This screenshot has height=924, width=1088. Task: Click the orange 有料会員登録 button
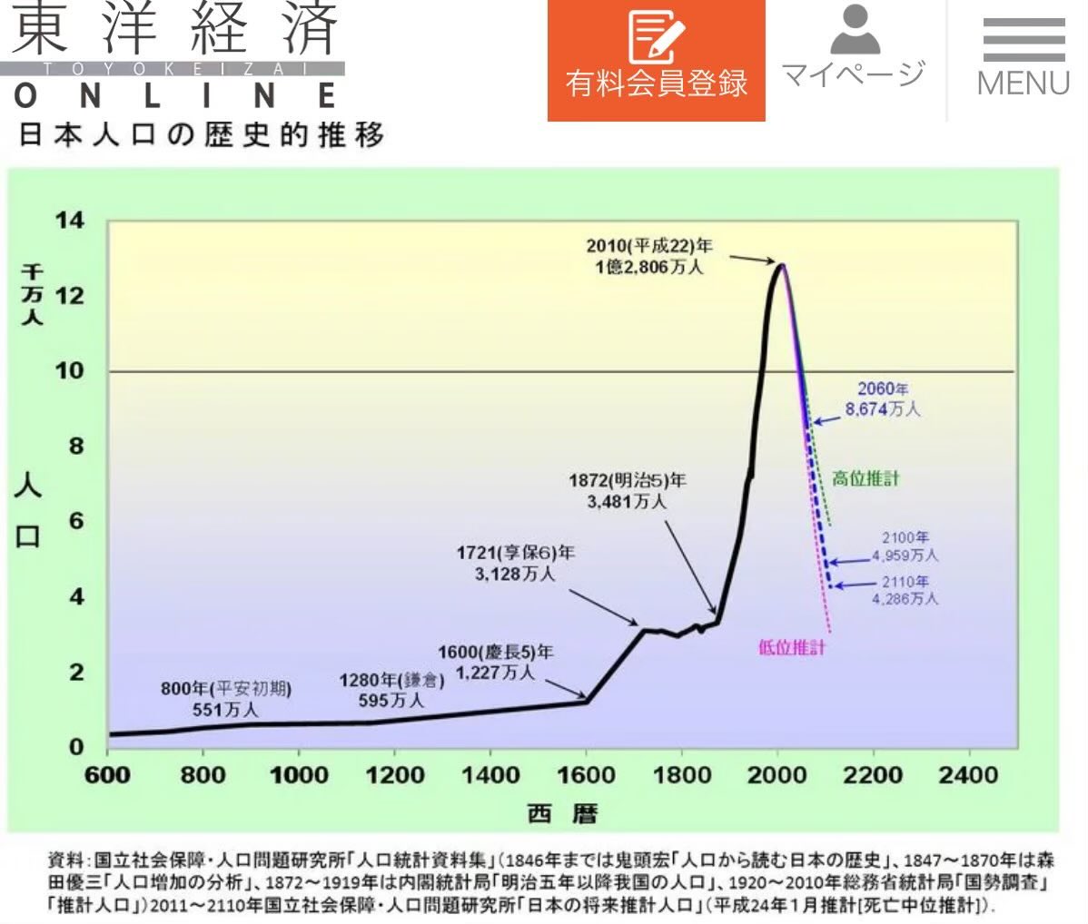pyautogui.click(x=656, y=60)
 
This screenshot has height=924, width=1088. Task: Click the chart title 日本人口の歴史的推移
pyautogui.click(x=202, y=134)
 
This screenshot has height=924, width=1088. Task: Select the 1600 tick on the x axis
pyautogui.click(x=586, y=775)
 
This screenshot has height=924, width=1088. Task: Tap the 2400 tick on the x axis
pyautogui.click(x=969, y=775)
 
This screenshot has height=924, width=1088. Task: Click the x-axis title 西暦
pyautogui.click(x=561, y=813)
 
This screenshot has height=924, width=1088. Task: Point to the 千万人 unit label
pyautogui.click(x=33, y=294)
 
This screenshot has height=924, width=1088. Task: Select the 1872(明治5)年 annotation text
pyautogui.click(x=628, y=489)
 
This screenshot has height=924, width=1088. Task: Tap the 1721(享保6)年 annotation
pyautogui.click(x=515, y=563)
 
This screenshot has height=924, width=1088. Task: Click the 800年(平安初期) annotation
pyautogui.click(x=226, y=699)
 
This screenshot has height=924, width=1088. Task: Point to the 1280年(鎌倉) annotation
pyautogui.click(x=393, y=690)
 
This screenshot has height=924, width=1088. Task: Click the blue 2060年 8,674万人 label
pyautogui.click(x=882, y=399)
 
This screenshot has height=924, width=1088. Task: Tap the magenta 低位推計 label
pyautogui.click(x=791, y=648)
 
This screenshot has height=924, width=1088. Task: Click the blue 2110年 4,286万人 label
pyautogui.click(x=905, y=590)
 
